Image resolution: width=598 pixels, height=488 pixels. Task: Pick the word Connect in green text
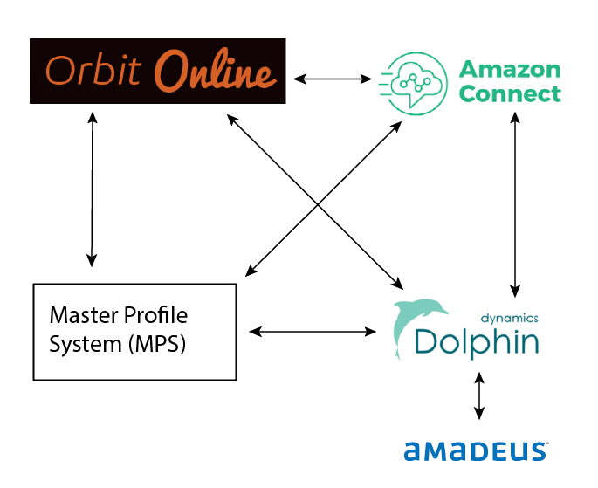coord(511,93)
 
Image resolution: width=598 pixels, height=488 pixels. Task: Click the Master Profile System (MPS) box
coord(134,331)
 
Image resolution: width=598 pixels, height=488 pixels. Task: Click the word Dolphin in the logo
coord(477,340)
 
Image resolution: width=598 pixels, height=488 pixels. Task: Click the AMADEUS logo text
coord(476,451)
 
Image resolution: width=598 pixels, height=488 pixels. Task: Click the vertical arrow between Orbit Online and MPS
coord(92,188)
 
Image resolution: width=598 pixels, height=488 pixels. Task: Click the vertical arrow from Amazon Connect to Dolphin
coord(516,206)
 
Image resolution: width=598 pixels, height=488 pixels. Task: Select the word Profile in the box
coord(152,315)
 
